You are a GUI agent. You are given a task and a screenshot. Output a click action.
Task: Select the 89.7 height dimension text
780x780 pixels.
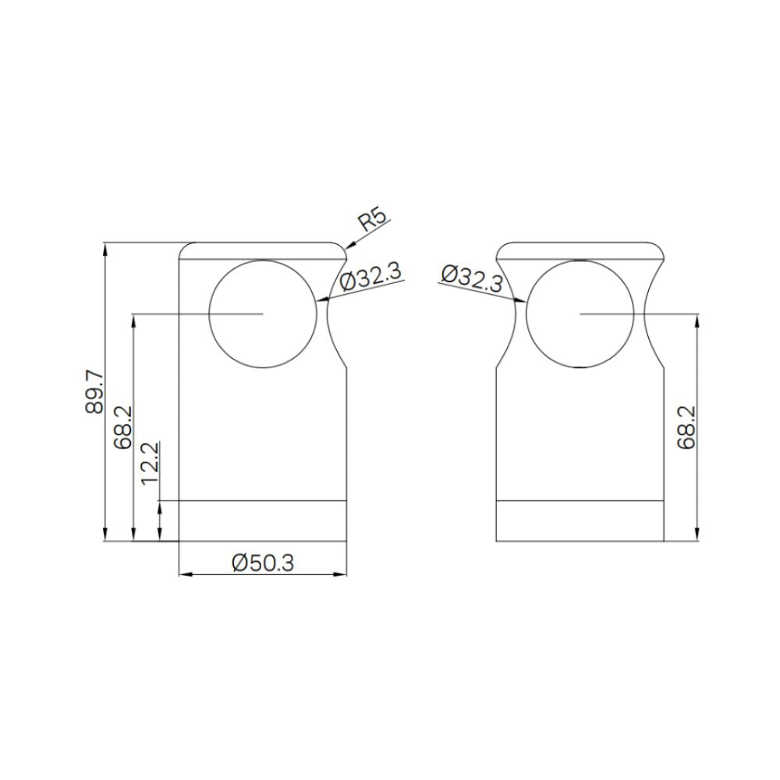tap(94, 392)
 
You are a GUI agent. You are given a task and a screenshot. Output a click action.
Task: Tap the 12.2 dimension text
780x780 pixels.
tap(151, 463)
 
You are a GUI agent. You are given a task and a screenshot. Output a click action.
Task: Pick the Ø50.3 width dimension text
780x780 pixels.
tap(263, 562)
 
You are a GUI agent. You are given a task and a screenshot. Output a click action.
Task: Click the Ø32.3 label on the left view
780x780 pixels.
tap(370, 277)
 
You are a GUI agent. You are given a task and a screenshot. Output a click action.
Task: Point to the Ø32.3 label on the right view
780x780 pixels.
tap(473, 278)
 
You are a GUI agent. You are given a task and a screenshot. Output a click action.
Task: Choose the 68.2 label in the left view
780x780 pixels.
tap(123, 427)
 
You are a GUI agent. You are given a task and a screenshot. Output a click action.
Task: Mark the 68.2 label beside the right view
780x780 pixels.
tap(687, 427)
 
